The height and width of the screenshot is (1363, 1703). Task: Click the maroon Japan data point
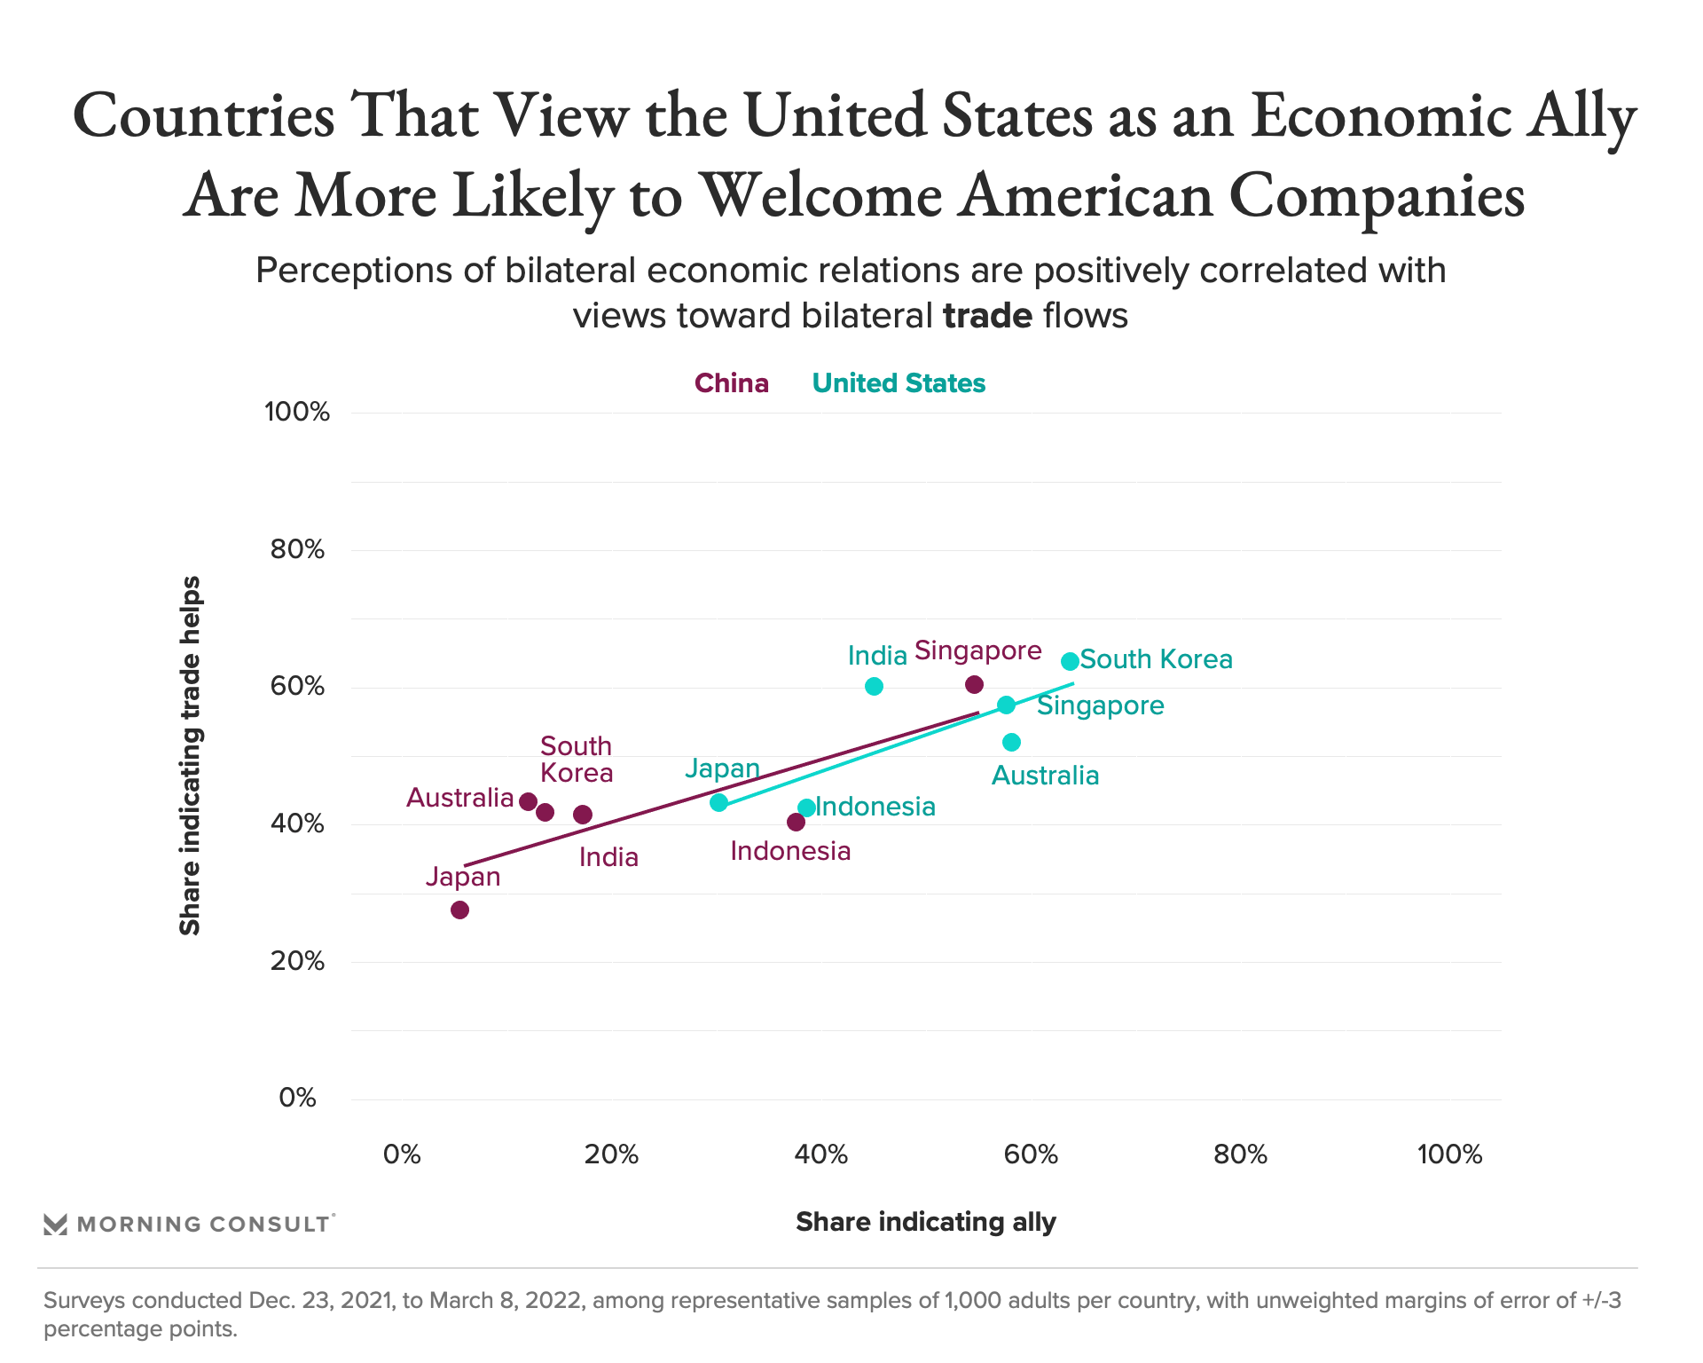(x=459, y=910)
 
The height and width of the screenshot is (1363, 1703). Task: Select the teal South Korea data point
(x=1070, y=661)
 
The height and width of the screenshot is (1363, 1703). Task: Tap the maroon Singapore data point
(x=974, y=684)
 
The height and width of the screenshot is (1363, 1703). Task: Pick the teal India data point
(x=874, y=686)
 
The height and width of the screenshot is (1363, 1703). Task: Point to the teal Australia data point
(x=1011, y=742)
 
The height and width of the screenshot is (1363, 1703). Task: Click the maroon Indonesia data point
(x=796, y=822)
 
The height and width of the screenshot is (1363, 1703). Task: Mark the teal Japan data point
(x=718, y=802)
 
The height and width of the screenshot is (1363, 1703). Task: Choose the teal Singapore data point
(x=1006, y=705)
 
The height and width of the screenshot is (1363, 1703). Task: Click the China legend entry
(x=731, y=383)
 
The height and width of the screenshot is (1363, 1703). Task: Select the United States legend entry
(x=899, y=383)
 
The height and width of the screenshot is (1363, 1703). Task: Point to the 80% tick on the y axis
(x=297, y=549)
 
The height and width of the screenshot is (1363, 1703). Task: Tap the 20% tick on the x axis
(x=611, y=1154)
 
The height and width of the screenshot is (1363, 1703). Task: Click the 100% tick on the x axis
(x=1449, y=1154)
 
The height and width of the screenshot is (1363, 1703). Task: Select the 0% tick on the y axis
(x=297, y=1098)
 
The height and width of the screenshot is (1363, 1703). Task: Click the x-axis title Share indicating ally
(x=925, y=1222)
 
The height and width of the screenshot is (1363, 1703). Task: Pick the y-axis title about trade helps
(x=190, y=755)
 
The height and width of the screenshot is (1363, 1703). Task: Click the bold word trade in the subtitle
(x=987, y=316)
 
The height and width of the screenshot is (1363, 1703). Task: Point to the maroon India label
(x=608, y=857)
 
